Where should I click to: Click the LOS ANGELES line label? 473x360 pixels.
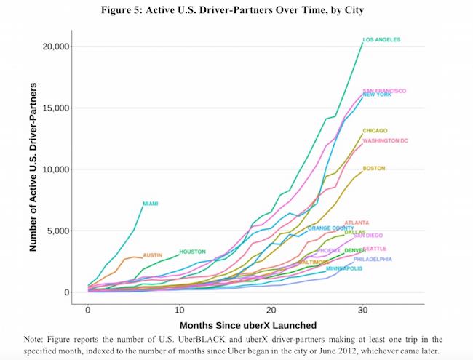(x=381, y=39)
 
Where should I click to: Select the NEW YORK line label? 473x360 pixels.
(x=377, y=95)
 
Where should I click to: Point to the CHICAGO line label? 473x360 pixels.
(x=375, y=131)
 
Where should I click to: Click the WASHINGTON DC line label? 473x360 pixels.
(x=385, y=140)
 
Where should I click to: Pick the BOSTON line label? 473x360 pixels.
(x=373, y=168)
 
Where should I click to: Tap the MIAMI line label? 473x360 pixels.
(x=151, y=203)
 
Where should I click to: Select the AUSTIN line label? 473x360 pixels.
(x=152, y=255)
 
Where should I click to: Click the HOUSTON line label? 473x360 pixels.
(x=192, y=252)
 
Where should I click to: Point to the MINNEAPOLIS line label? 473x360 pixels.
(x=344, y=268)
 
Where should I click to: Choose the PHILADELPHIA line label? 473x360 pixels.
(x=373, y=259)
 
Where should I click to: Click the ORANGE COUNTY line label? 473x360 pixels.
(x=330, y=228)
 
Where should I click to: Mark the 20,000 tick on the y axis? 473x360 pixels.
(x=54, y=47)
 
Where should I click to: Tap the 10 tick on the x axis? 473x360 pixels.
(x=179, y=308)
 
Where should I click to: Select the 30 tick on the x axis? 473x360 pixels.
(x=362, y=308)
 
